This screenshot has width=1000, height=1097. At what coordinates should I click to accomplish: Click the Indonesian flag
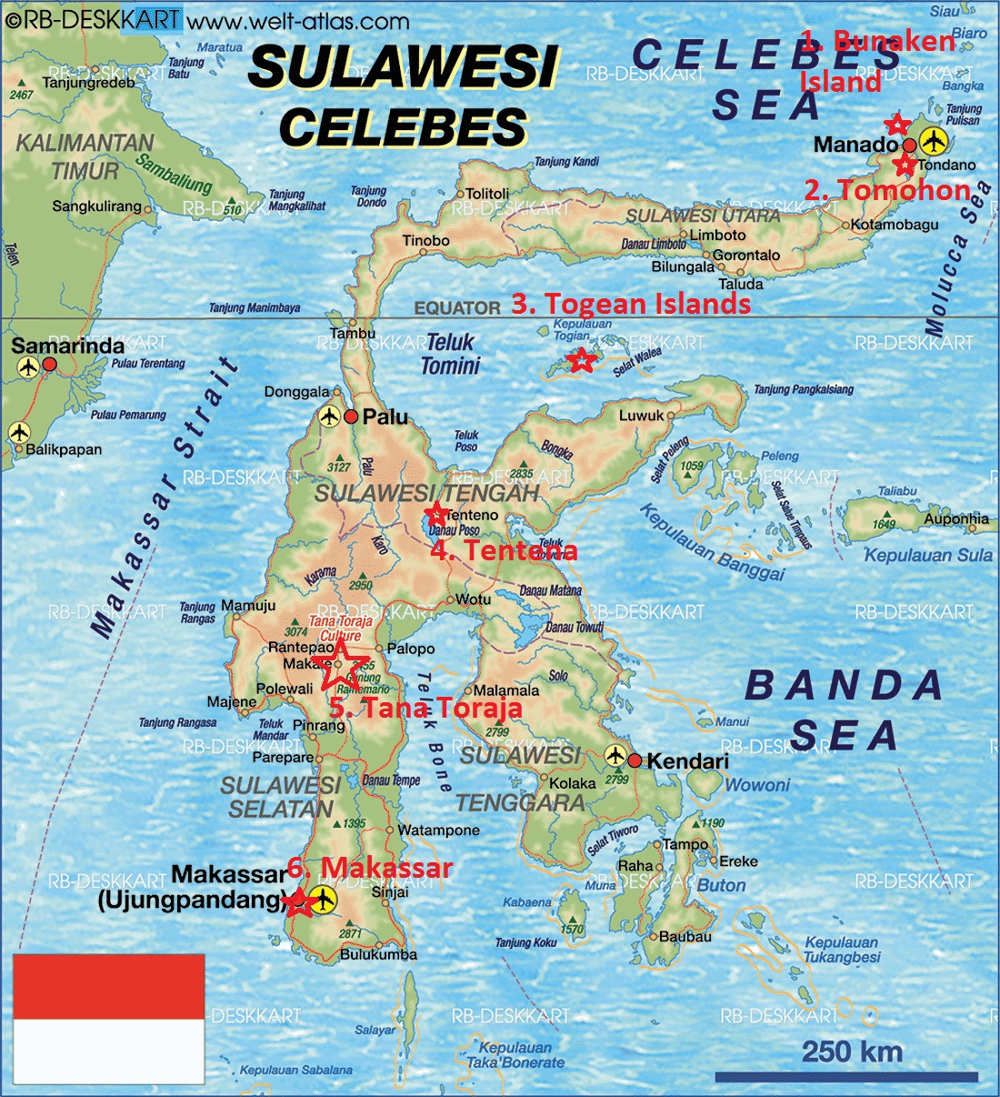click(x=108, y=1018)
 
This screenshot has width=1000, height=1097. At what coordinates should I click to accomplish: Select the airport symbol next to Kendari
click(x=615, y=756)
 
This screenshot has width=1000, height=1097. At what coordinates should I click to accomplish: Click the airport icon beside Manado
click(x=932, y=141)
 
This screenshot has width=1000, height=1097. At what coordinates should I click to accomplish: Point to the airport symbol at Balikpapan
click(x=19, y=432)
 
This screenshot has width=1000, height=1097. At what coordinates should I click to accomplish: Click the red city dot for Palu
click(x=351, y=418)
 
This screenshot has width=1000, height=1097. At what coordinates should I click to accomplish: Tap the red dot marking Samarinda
click(x=50, y=364)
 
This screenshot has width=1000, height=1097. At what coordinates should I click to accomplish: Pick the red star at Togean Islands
click(x=582, y=360)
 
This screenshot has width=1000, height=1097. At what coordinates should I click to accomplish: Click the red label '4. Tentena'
click(x=504, y=550)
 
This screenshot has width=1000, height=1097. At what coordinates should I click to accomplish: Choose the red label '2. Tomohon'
click(x=886, y=189)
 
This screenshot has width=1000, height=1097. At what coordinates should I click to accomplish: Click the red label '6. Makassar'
click(x=370, y=868)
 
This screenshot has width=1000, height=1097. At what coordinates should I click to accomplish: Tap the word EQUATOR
click(x=457, y=308)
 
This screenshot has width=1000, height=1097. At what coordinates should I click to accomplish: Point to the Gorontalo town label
click(x=746, y=255)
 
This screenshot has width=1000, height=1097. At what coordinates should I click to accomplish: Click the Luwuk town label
click(x=642, y=416)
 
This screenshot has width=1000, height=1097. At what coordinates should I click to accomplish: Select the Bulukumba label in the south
click(x=378, y=954)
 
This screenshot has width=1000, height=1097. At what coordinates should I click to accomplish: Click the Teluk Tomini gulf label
click(x=450, y=354)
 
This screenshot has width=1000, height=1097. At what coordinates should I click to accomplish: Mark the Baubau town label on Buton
click(x=685, y=936)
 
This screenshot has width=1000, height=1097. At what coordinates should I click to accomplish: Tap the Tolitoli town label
click(x=487, y=194)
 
